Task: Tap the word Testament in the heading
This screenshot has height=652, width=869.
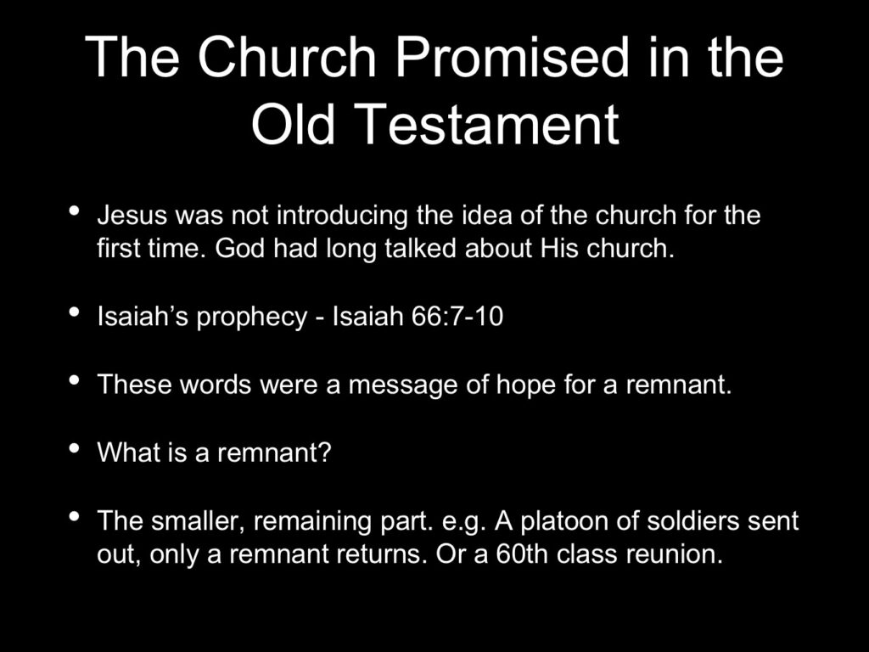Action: (488, 124)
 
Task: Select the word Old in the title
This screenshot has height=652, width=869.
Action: (293, 124)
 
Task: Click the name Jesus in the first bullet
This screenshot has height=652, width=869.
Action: (132, 215)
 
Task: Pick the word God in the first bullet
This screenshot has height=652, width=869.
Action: (240, 249)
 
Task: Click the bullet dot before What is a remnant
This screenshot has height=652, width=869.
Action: (74, 448)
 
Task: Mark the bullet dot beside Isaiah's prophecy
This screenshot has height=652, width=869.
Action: (74, 312)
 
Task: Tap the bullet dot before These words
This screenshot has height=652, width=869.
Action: (74, 380)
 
